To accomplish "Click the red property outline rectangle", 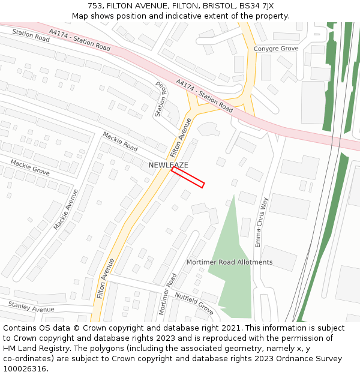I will (188, 177).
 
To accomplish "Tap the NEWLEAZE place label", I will (169, 165).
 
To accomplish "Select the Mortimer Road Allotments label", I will (229, 262).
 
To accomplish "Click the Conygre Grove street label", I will (276, 49).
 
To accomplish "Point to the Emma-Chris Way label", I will (260, 222).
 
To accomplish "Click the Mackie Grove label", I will (29, 167).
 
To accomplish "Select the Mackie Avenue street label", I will (65, 209).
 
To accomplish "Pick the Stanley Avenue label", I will (31, 307).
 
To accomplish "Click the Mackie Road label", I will (120, 142).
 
